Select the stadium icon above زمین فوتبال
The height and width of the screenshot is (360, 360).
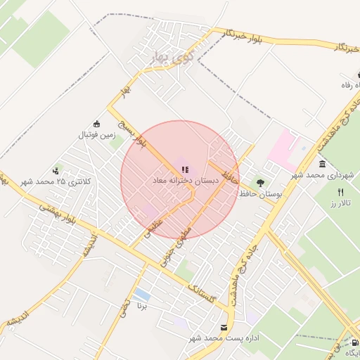96,123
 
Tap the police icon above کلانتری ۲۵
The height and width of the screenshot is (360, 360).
56,171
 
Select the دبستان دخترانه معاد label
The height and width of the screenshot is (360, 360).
186,181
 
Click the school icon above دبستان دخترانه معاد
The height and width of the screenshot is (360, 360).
185,169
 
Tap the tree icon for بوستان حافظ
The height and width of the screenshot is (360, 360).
260,183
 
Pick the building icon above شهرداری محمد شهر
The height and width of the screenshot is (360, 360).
322,165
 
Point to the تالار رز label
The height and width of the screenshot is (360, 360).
340,202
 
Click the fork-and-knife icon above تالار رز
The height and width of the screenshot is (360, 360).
341,191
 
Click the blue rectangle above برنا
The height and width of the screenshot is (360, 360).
143,293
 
